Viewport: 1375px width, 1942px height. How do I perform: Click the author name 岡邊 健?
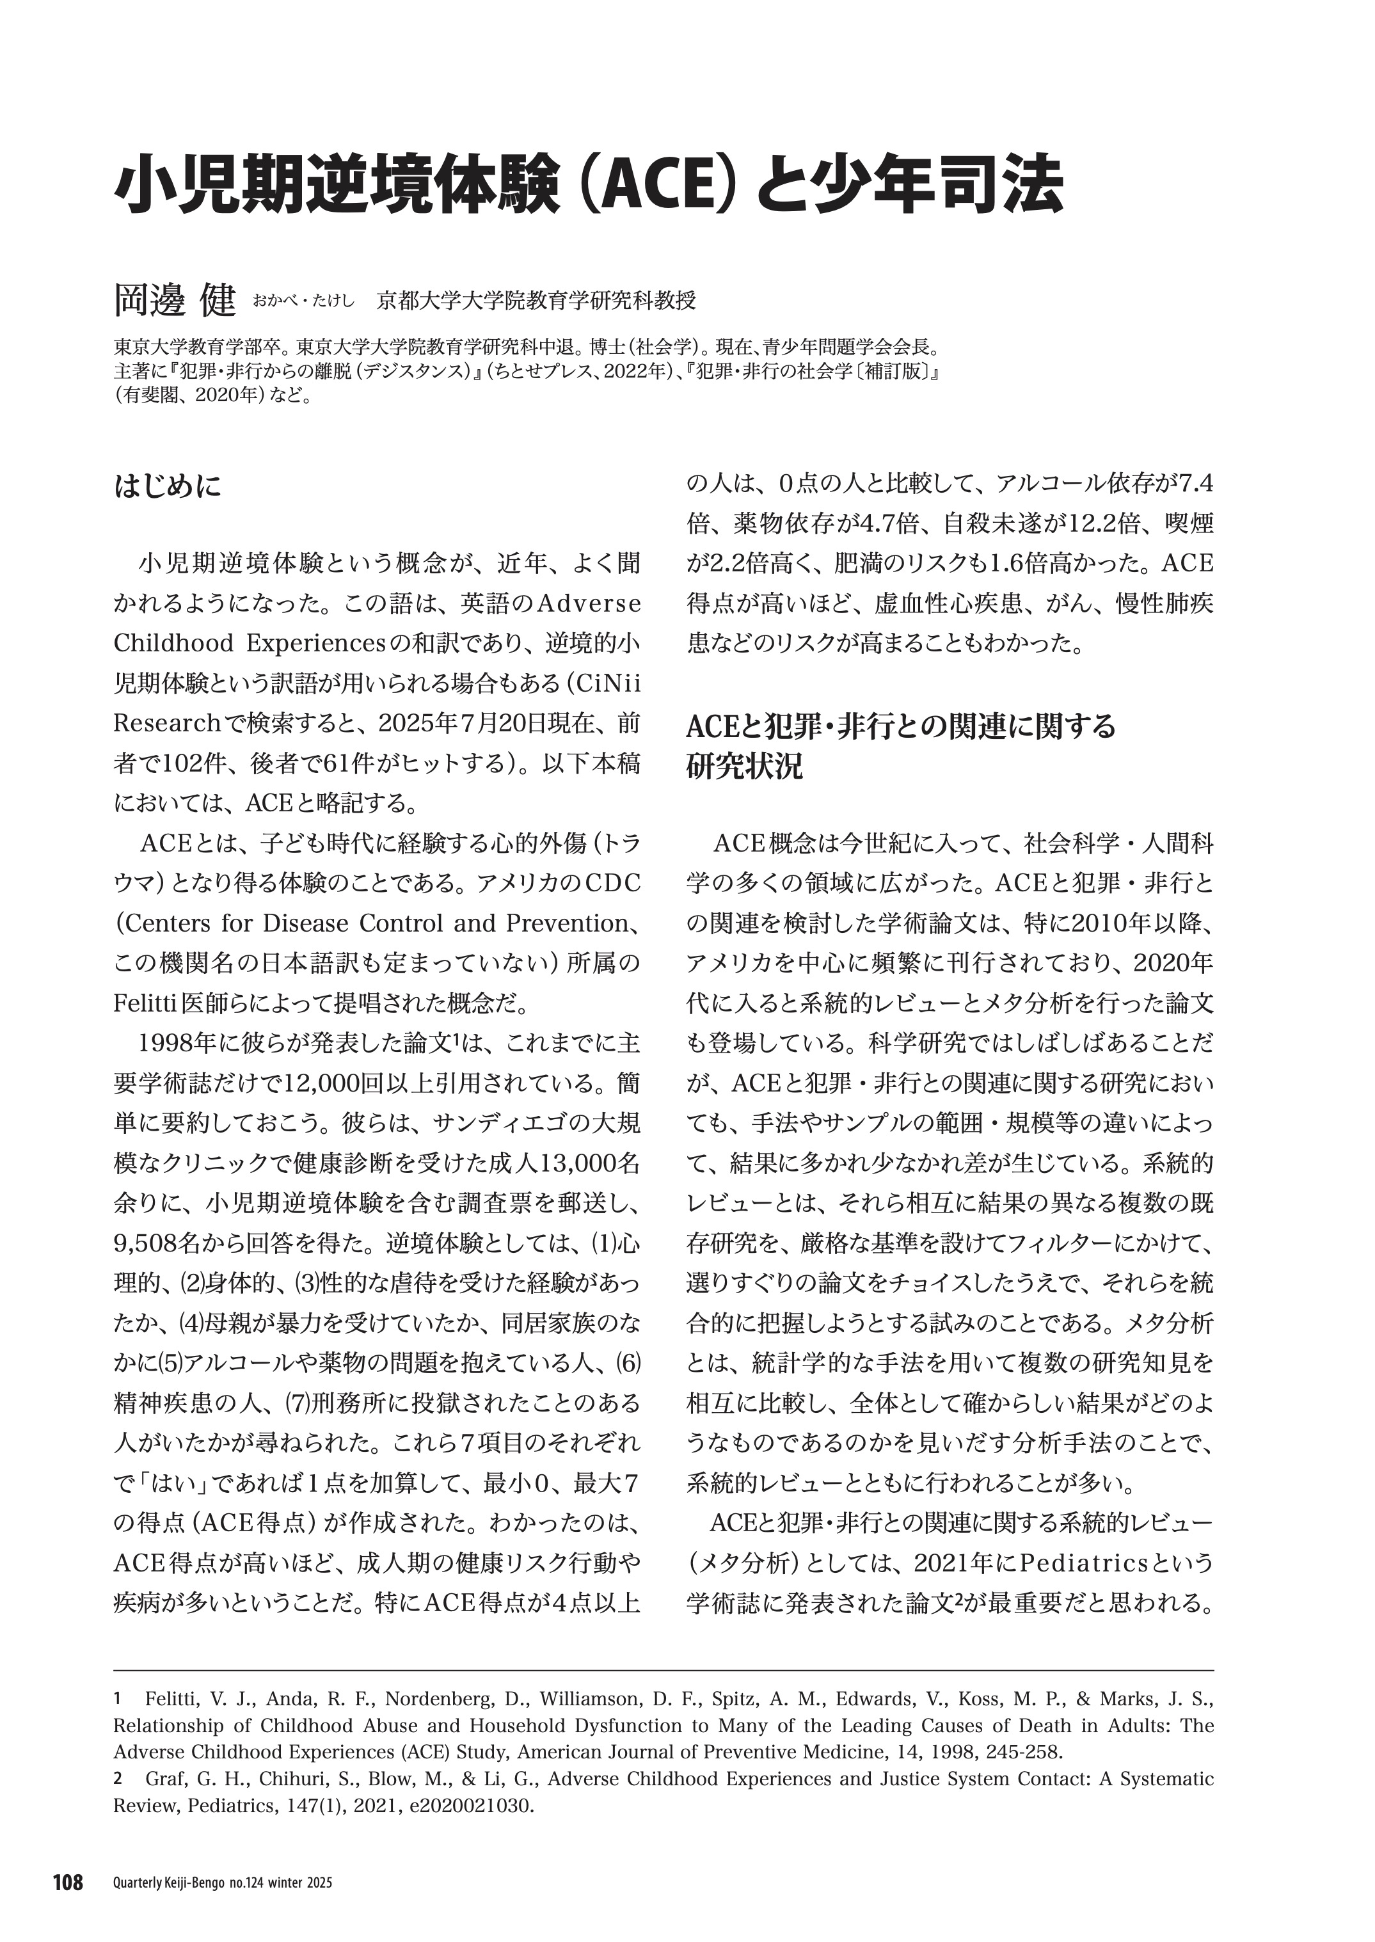click(x=175, y=299)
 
